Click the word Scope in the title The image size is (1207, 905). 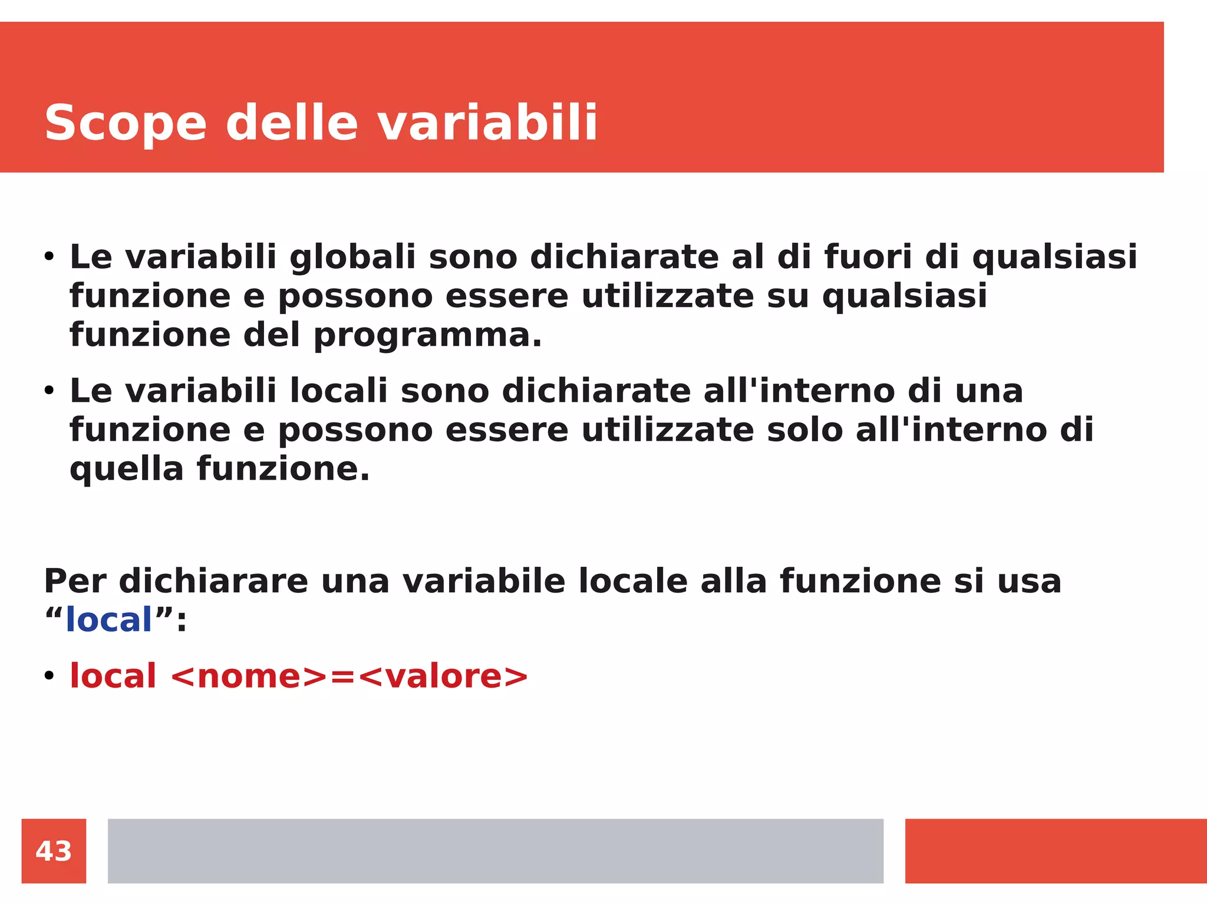click(126, 124)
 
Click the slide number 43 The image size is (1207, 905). click(54, 851)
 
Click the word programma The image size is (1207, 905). click(427, 336)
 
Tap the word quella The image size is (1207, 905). click(127, 470)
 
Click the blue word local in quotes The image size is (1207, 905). click(109, 620)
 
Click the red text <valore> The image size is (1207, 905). click(443, 676)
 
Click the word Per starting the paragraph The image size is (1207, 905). click(75, 581)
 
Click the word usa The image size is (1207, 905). click(1029, 581)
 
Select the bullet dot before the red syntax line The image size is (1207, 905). click(49, 676)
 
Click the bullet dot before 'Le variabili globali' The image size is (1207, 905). click(49, 257)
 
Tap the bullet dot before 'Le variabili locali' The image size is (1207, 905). click(49, 391)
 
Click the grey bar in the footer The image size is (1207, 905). click(495, 851)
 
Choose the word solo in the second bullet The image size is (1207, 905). click(804, 430)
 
